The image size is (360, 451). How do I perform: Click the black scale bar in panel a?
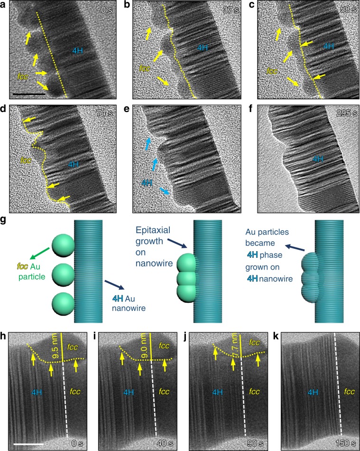[x=29, y=94]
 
